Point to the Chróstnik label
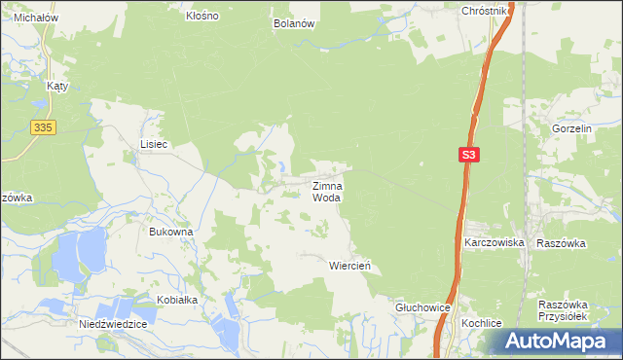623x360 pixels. [484, 11]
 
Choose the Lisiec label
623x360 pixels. [154, 144]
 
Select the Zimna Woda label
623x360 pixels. [327, 191]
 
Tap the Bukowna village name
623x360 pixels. [171, 233]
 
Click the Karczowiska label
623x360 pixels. [495, 242]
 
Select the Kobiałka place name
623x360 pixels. [174, 300]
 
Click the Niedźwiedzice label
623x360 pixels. [113, 324]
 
